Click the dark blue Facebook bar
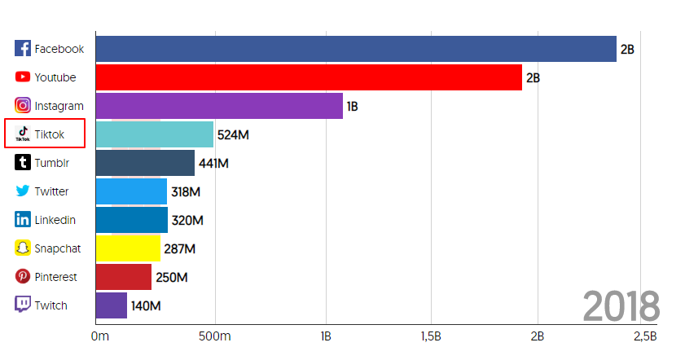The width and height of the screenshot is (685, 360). click(x=356, y=49)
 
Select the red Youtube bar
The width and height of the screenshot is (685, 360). click(x=309, y=77)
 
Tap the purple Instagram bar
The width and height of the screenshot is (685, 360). click(x=219, y=106)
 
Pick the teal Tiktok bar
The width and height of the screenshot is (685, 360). click(x=155, y=134)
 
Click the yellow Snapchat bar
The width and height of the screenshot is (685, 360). click(x=128, y=248)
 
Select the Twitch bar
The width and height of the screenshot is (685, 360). click(x=112, y=305)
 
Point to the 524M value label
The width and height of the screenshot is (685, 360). click(x=233, y=134)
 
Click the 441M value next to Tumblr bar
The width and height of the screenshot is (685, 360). click(x=213, y=163)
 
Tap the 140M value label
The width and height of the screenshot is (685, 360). click(x=146, y=306)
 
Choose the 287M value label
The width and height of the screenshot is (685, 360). click(x=179, y=249)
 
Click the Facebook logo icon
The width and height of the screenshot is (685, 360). click(x=23, y=49)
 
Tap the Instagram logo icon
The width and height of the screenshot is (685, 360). click(x=23, y=106)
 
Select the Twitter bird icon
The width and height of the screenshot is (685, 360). click(x=23, y=191)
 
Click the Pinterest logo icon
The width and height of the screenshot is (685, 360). click(x=23, y=277)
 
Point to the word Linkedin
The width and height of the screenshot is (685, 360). click(x=55, y=220)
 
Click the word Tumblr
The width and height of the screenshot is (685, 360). click(x=51, y=163)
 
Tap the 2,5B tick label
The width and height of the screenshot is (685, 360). click(x=644, y=336)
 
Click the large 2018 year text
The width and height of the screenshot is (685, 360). click(x=621, y=306)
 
